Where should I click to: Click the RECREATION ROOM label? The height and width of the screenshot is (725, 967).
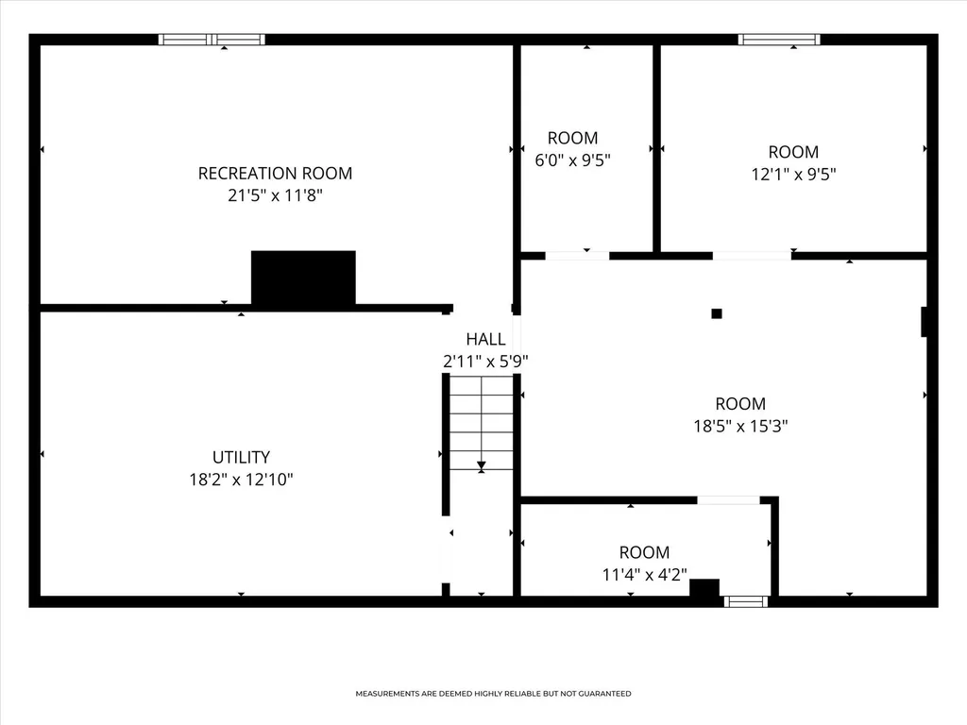[x=275, y=174]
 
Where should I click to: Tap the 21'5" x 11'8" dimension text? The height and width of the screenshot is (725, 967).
[x=275, y=195]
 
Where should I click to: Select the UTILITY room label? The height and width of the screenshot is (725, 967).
[x=241, y=458]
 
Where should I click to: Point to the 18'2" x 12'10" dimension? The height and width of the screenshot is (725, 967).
[x=241, y=480]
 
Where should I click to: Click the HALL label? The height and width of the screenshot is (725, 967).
[x=486, y=339]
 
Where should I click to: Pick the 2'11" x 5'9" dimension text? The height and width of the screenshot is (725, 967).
[x=486, y=362]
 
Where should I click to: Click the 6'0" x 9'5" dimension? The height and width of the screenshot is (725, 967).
[x=573, y=160]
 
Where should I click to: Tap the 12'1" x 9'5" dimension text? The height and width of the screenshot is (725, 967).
[x=793, y=175]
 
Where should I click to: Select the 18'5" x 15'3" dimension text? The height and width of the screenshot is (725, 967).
[x=740, y=426]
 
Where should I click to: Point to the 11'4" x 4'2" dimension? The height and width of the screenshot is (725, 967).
[x=644, y=575]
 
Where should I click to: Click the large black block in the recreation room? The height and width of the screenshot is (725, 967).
[x=303, y=278]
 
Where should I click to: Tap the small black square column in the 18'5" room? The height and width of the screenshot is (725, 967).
[x=717, y=313]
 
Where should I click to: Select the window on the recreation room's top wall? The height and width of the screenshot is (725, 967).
[x=212, y=40]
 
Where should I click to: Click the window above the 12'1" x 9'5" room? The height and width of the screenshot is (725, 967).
[x=779, y=40]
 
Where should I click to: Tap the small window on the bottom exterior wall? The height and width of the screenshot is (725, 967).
[x=746, y=601]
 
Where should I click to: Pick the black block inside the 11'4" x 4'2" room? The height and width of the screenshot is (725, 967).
[x=704, y=587]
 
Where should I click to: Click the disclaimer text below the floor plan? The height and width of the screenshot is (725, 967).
[x=493, y=694]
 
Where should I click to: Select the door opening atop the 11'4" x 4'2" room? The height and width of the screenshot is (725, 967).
[x=728, y=500]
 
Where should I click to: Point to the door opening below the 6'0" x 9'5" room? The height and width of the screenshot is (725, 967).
[x=577, y=256]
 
